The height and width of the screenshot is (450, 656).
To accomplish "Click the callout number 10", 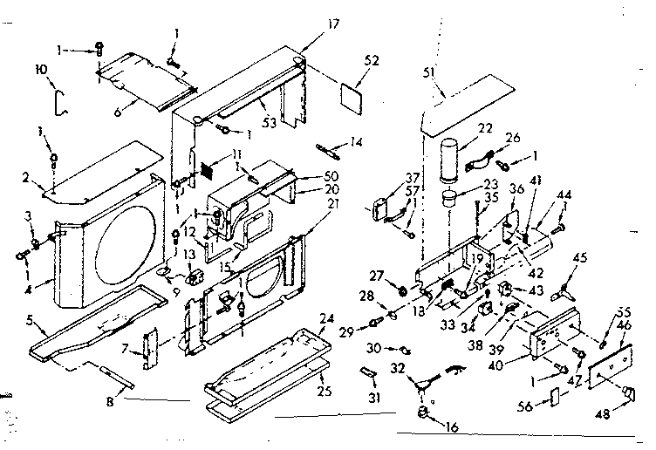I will click(40, 68).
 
